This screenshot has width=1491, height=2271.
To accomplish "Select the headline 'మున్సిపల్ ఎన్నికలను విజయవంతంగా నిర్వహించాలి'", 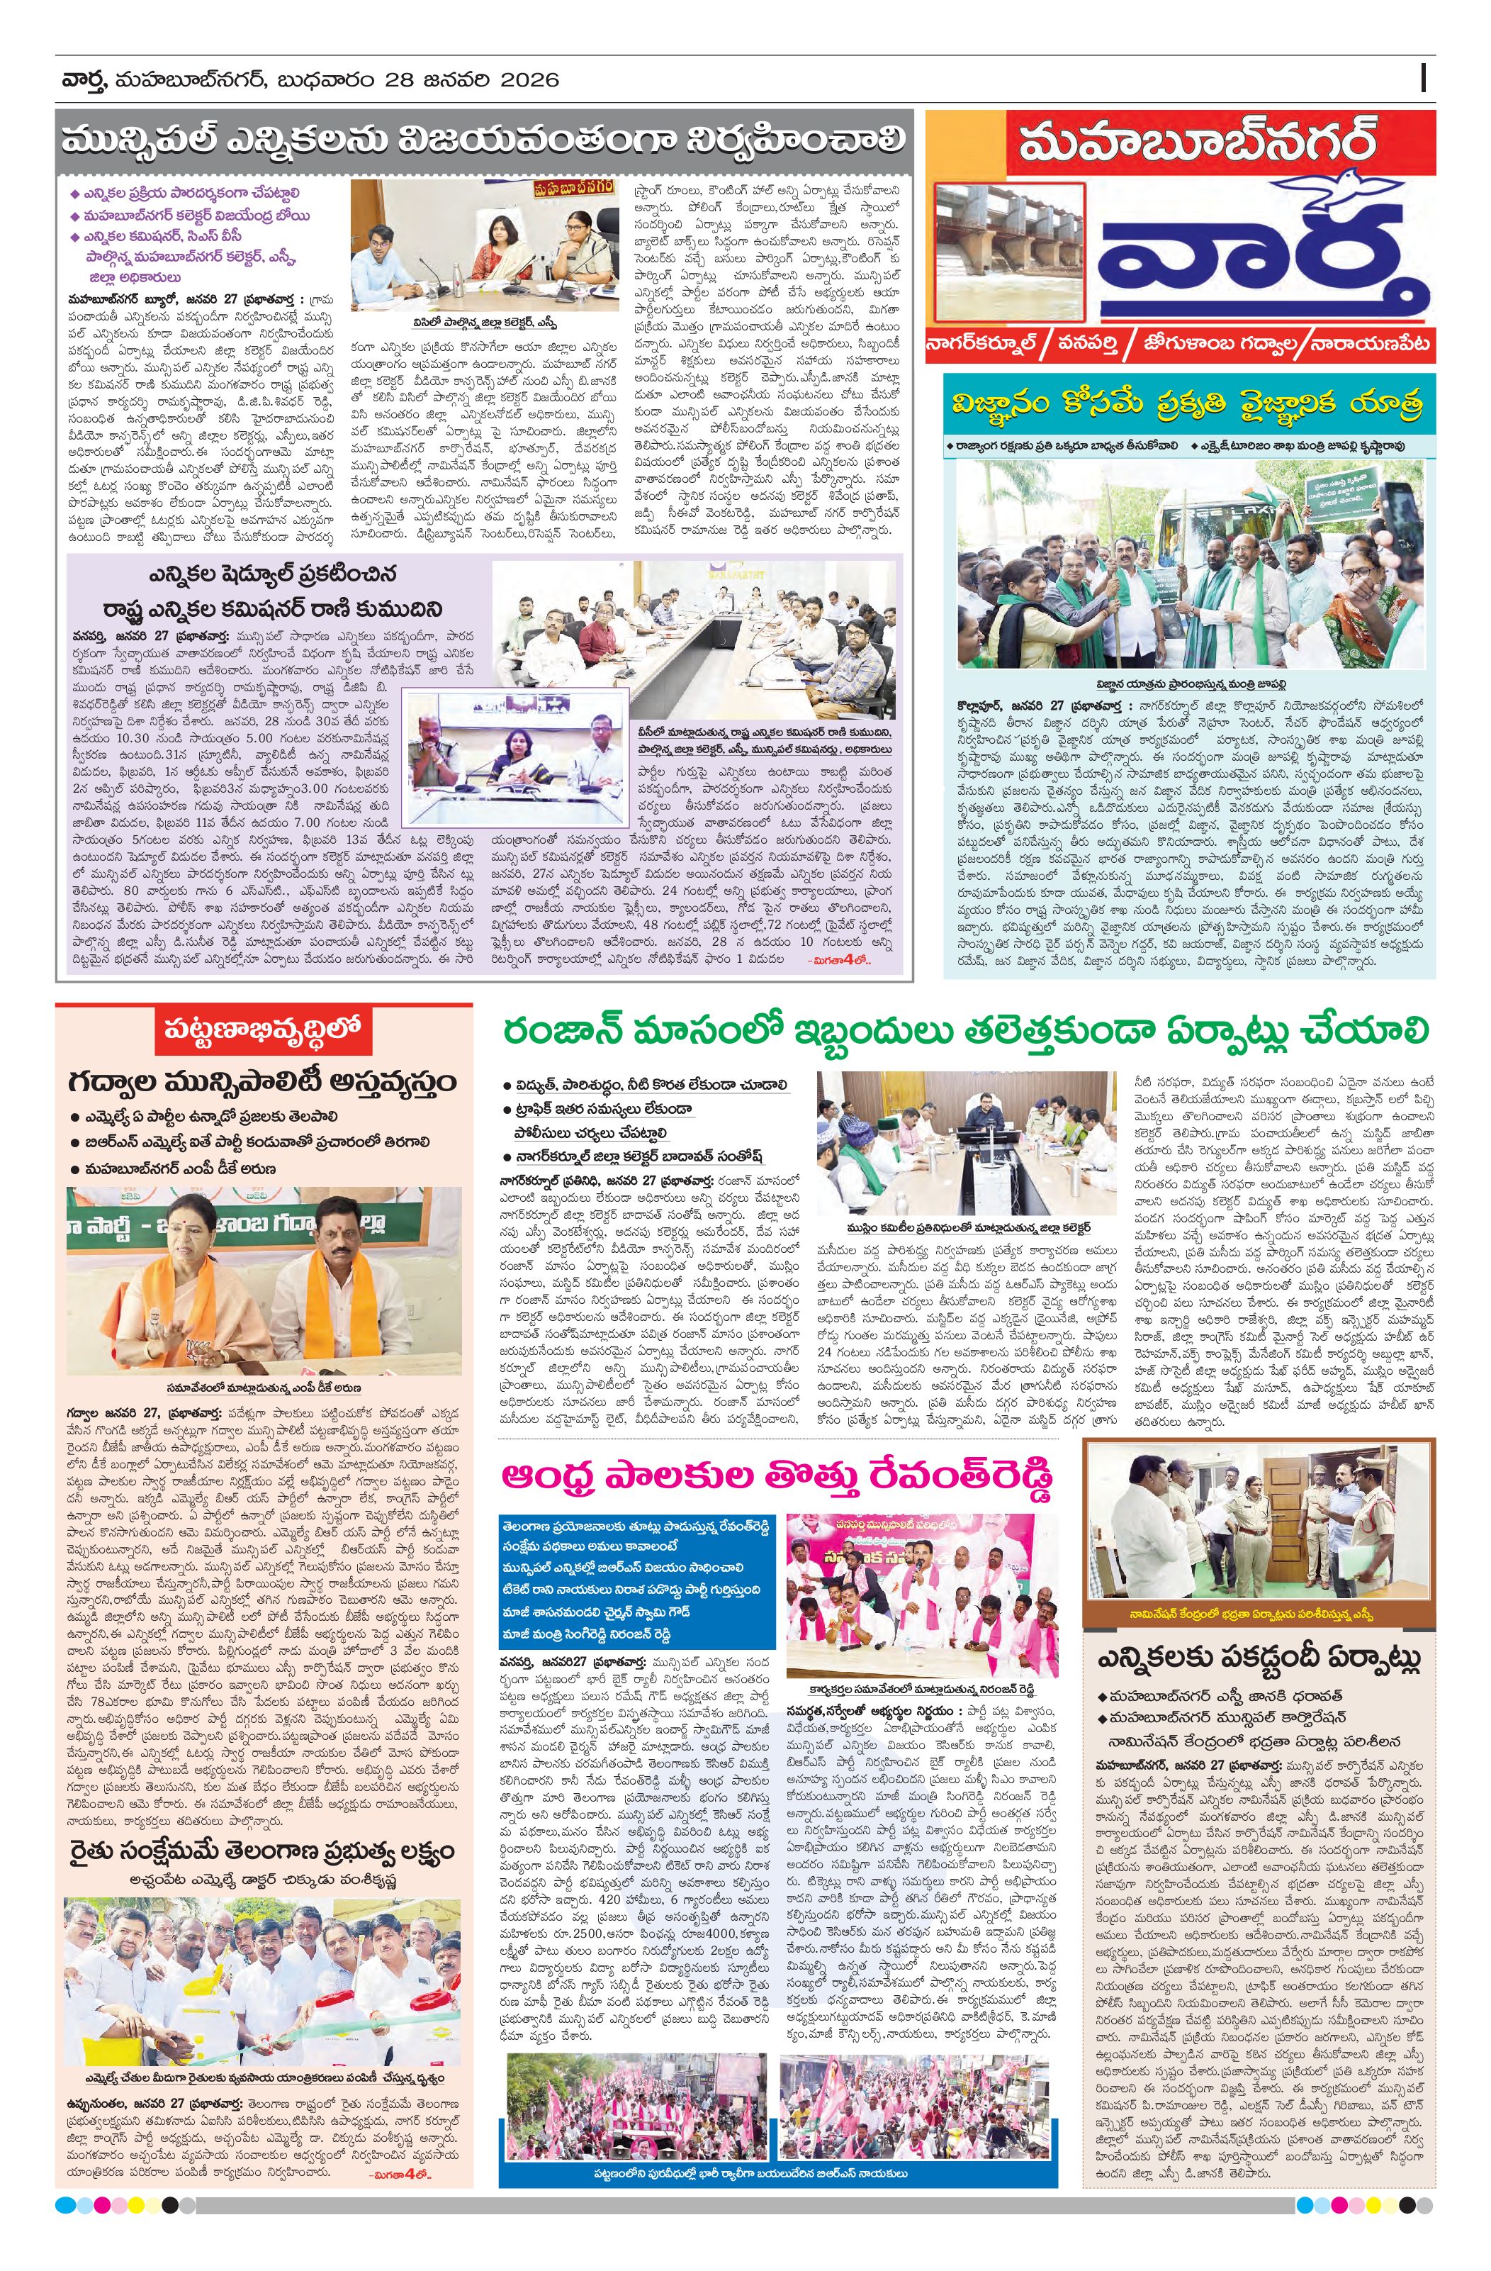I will pos(482,140).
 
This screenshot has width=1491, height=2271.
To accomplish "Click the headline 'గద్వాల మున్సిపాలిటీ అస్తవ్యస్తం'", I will pos(262,1083).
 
